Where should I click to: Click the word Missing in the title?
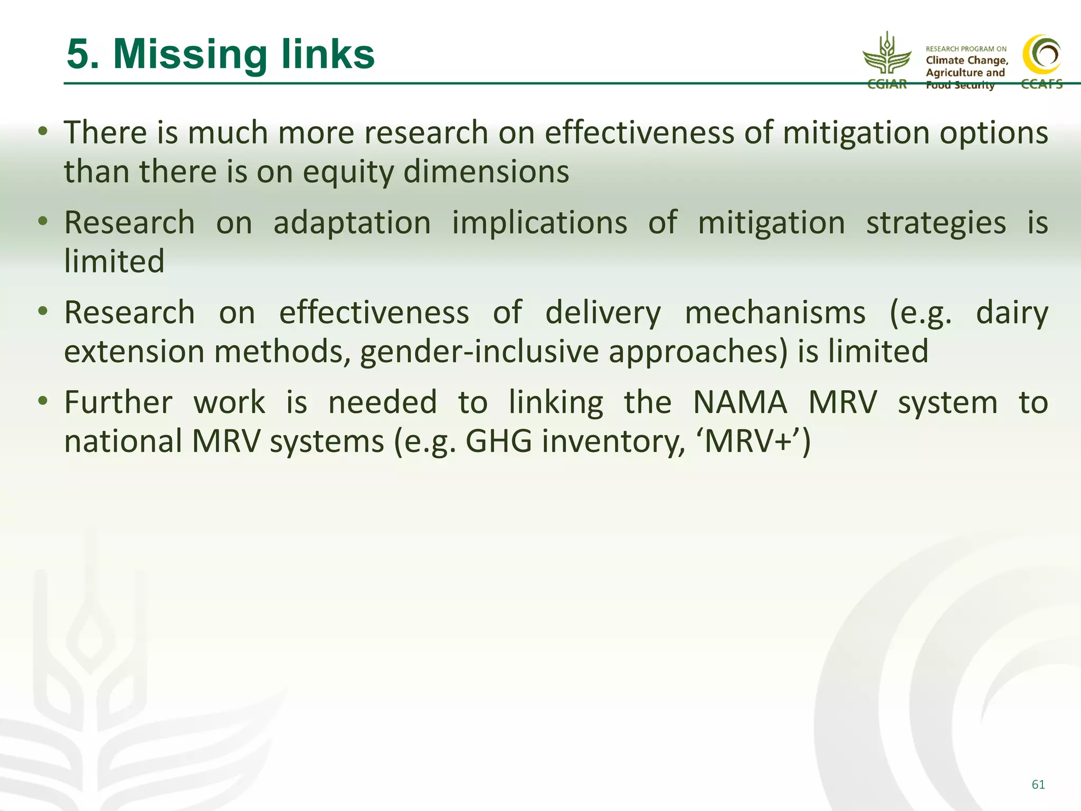[191, 55]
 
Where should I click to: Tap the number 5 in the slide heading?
[78, 55]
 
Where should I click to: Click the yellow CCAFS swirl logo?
[1042, 55]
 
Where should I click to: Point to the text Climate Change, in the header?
[967, 60]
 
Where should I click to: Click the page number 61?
[1038, 785]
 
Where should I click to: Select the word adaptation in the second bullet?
[352, 223]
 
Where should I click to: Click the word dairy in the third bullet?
[1011, 313]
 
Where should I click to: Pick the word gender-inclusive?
[479, 352]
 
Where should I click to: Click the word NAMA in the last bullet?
[739, 403]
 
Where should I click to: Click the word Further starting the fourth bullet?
[118, 403]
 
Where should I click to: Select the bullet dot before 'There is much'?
[43, 130]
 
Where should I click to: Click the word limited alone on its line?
[114, 261]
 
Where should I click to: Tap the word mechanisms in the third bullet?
[775, 313]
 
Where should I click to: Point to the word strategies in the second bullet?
[936, 223]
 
